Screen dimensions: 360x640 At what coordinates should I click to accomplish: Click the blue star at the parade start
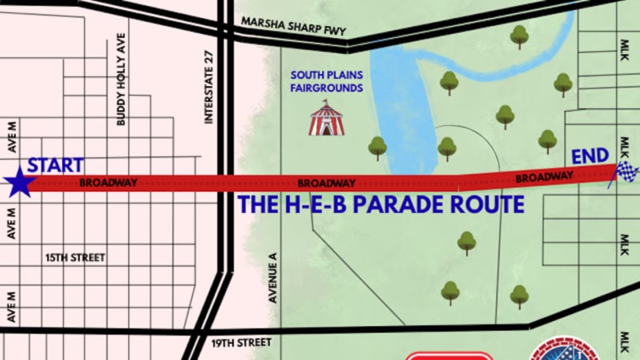[19, 183]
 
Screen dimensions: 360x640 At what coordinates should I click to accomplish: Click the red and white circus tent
[326, 118]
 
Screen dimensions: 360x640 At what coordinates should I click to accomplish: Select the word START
[56, 166]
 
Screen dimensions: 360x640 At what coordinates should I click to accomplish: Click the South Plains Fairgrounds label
[326, 82]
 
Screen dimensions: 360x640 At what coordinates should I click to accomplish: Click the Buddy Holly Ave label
[122, 79]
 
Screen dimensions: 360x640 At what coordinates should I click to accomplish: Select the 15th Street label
[76, 258]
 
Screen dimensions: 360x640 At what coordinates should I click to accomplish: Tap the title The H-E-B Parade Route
[381, 205]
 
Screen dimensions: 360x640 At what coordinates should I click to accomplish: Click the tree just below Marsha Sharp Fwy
[519, 35]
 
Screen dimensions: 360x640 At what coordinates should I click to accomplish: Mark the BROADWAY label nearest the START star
[109, 182]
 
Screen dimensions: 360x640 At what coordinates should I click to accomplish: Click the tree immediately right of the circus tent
[378, 147]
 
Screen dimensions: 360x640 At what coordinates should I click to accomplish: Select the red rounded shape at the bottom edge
[448, 356]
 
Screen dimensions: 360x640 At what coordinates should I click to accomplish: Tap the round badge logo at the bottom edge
[564, 350]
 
